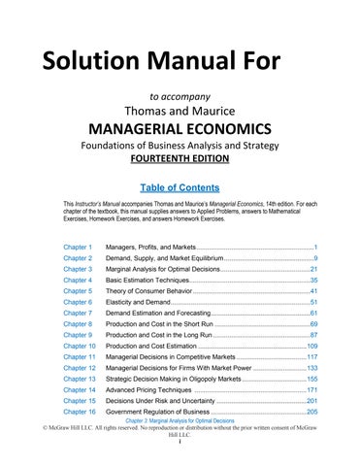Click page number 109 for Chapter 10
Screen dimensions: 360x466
(x=311, y=345)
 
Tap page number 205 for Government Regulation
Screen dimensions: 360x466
(x=311, y=413)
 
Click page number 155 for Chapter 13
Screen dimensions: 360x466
(x=311, y=379)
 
